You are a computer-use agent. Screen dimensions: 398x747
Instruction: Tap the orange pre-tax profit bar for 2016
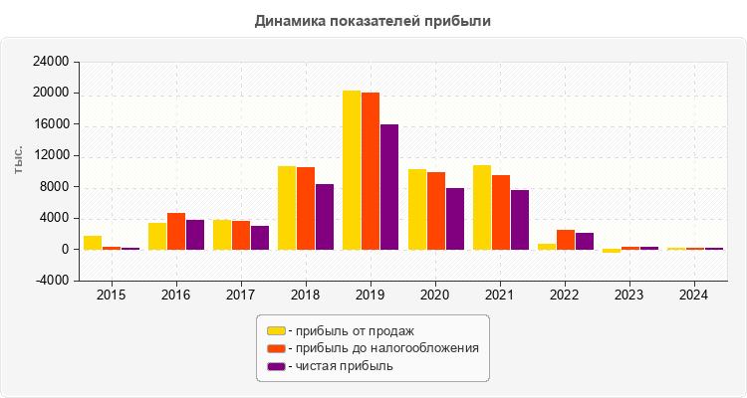tap(176, 231)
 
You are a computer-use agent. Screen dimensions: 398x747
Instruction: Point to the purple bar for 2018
tap(325, 217)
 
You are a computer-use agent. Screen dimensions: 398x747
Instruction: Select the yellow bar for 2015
tap(93, 243)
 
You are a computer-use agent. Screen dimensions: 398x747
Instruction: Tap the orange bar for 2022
tap(566, 240)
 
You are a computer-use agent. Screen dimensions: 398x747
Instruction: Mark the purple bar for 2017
tap(260, 238)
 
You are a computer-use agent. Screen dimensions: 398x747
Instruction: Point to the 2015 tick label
tap(112, 296)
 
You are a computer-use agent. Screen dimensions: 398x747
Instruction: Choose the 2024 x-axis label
tap(695, 296)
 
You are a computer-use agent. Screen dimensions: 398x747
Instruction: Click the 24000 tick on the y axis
tap(51, 62)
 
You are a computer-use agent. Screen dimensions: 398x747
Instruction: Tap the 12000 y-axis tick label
tap(51, 155)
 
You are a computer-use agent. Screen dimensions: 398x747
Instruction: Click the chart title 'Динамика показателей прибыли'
tap(373, 20)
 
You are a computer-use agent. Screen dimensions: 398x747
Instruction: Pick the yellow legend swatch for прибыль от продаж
tap(276, 330)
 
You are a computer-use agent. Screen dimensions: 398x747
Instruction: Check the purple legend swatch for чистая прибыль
tap(276, 366)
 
